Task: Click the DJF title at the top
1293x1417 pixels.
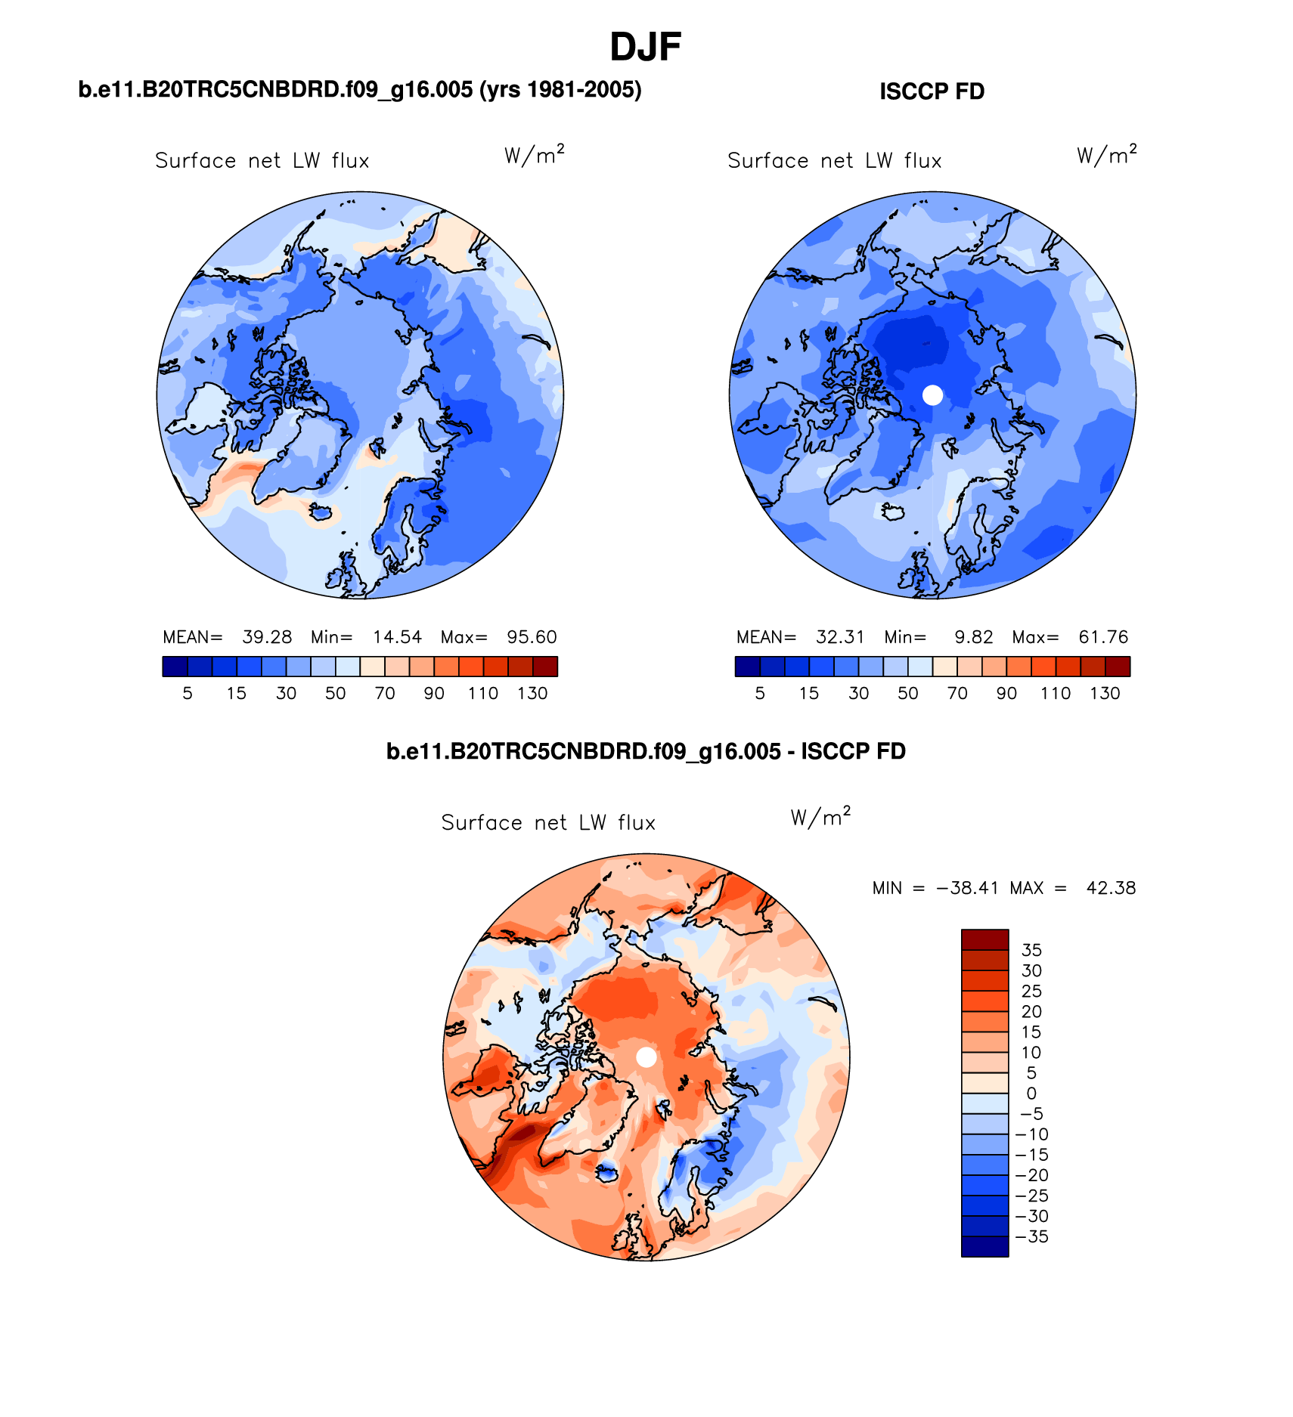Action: coord(646,47)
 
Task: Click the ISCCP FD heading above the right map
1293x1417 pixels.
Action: coord(932,91)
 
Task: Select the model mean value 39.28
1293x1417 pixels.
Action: coord(267,637)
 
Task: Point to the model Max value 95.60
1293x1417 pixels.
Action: coord(532,637)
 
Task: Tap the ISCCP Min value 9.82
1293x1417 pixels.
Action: coord(974,637)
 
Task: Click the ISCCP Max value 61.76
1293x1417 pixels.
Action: coord(1103,637)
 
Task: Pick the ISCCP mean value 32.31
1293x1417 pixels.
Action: coord(840,637)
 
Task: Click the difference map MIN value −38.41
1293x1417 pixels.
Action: coord(967,888)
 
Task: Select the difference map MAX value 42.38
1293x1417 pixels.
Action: coord(1111,888)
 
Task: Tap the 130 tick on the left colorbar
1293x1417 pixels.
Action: coord(532,694)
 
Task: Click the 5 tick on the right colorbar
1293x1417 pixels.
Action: coord(760,694)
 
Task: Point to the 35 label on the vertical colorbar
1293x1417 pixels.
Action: coord(1031,951)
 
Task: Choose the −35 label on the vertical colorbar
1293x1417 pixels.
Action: coord(1031,1236)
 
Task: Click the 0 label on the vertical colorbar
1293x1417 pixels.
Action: coord(1031,1094)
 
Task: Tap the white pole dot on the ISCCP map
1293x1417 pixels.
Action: coord(933,394)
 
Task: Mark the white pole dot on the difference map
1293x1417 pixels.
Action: coord(646,1057)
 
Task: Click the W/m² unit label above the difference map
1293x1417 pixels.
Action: coord(820,817)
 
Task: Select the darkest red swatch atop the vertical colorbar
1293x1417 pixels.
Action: coord(984,939)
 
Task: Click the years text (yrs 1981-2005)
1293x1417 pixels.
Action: coord(560,90)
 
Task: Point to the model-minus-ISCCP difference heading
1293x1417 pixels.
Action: coord(646,751)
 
